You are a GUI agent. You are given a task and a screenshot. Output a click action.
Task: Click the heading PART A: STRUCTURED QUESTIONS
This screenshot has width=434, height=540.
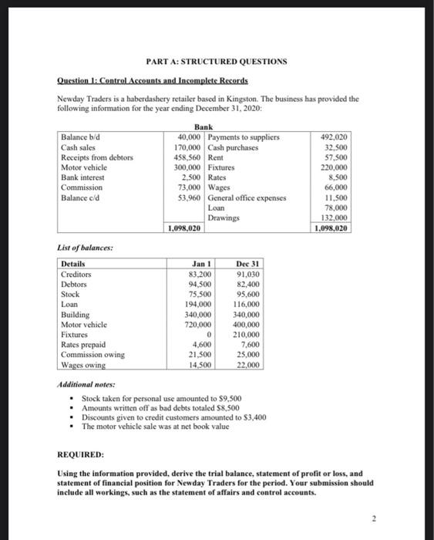coord(217,61)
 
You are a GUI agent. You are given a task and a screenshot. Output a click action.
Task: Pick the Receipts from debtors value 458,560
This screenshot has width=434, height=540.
coord(188,157)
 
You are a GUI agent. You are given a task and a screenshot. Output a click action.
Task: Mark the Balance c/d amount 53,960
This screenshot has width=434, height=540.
coord(188,197)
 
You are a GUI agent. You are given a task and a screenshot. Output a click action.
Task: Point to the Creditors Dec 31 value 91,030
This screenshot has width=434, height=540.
coord(246,274)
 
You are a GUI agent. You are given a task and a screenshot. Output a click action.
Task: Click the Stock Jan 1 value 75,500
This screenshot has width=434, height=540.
coord(200,294)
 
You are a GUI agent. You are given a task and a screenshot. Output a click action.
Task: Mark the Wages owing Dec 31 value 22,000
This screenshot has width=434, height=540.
coord(247,364)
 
